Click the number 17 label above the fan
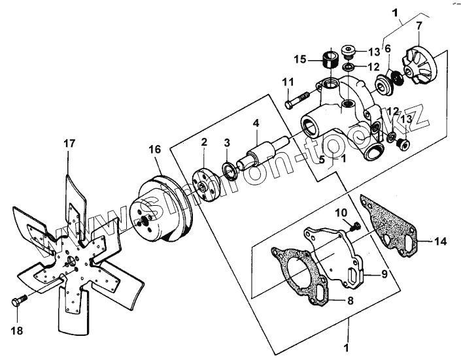tap(69, 144)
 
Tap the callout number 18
tap(17, 331)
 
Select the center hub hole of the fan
tap(71, 261)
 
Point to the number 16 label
tap(155, 149)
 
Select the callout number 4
tap(256, 123)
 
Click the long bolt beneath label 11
tap(297, 100)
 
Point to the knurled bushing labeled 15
tap(330, 60)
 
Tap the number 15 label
tap(300, 59)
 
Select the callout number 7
tap(419, 26)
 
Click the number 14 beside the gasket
tap(441, 241)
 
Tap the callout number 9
tap(384, 274)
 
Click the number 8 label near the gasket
tap(350, 301)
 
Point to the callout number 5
tap(322, 159)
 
